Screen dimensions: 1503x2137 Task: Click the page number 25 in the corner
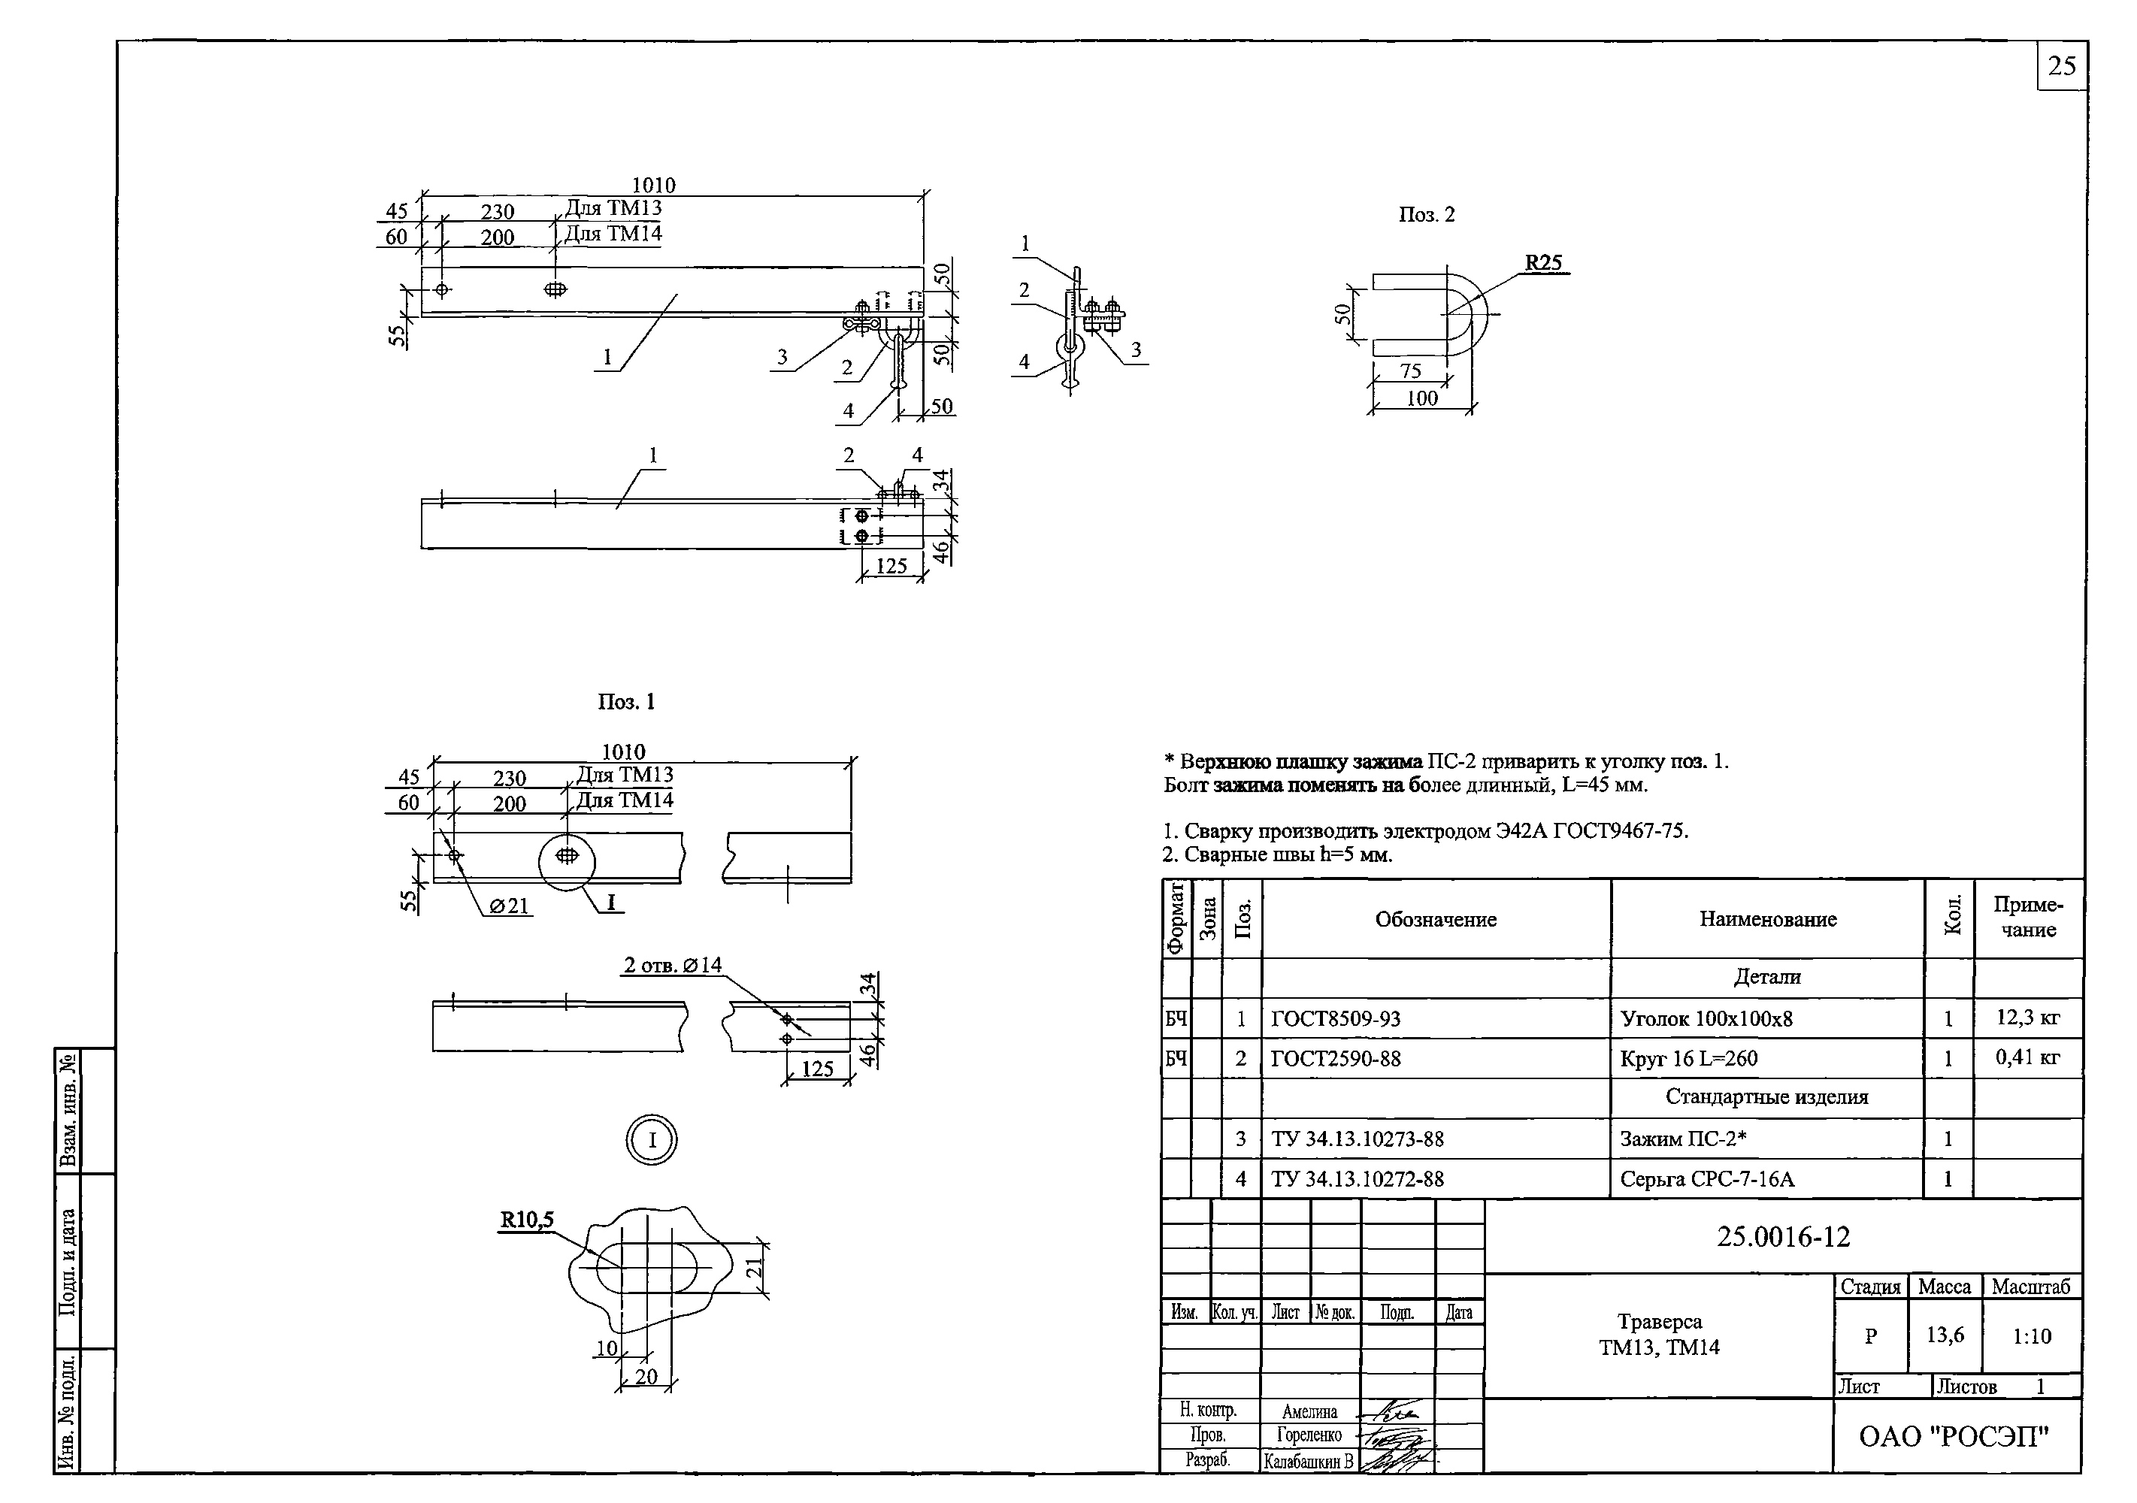pyautogui.click(x=2062, y=66)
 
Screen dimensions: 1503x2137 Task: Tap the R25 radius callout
pyautogui.click(x=1542, y=262)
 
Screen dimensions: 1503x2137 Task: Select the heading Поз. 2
pyautogui.click(x=1426, y=215)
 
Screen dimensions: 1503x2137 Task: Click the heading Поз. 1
pyautogui.click(x=626, y=702)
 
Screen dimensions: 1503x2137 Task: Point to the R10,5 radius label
pyautogui.click(x=527, y=1219)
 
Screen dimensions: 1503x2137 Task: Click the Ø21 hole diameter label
pyautogui.click(x=508, y=906)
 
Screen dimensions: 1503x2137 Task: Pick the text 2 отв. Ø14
pyautogui.click(x=672, y=965)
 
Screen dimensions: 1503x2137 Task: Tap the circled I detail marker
pyautogui.click(x=652, y=1140)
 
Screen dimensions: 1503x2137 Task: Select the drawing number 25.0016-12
pyautogui.click(x=1782, y=1237)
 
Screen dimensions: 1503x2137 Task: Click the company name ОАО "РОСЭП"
pyautogui.click(x=1954, y=1437)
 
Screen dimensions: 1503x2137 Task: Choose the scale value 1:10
pyautogui.click(x=2031, y=1336)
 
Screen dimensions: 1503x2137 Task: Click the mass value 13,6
pyautogui.click(x=1945, y=1335)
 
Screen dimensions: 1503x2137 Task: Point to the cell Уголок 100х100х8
pyautogui.click(x=1706, y=1019)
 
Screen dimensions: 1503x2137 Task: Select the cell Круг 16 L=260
pyautogui.click(x=1688, y=1059)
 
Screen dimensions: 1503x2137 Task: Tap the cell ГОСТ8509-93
pyautogui.click(x=1335, y=1019)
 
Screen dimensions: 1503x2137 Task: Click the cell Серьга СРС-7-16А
pyautogui.click(x=1707, y=1179)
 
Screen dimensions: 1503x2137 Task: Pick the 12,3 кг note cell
pyautogui.click(x=2027, y=1018)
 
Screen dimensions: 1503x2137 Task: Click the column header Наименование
pyautogui.click(x=1767, y=920)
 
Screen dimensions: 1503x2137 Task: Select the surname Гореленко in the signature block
pyautogui.click(x=1309, y=1435)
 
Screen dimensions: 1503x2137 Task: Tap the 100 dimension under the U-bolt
pyautogui.click(x=1421, y=398)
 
